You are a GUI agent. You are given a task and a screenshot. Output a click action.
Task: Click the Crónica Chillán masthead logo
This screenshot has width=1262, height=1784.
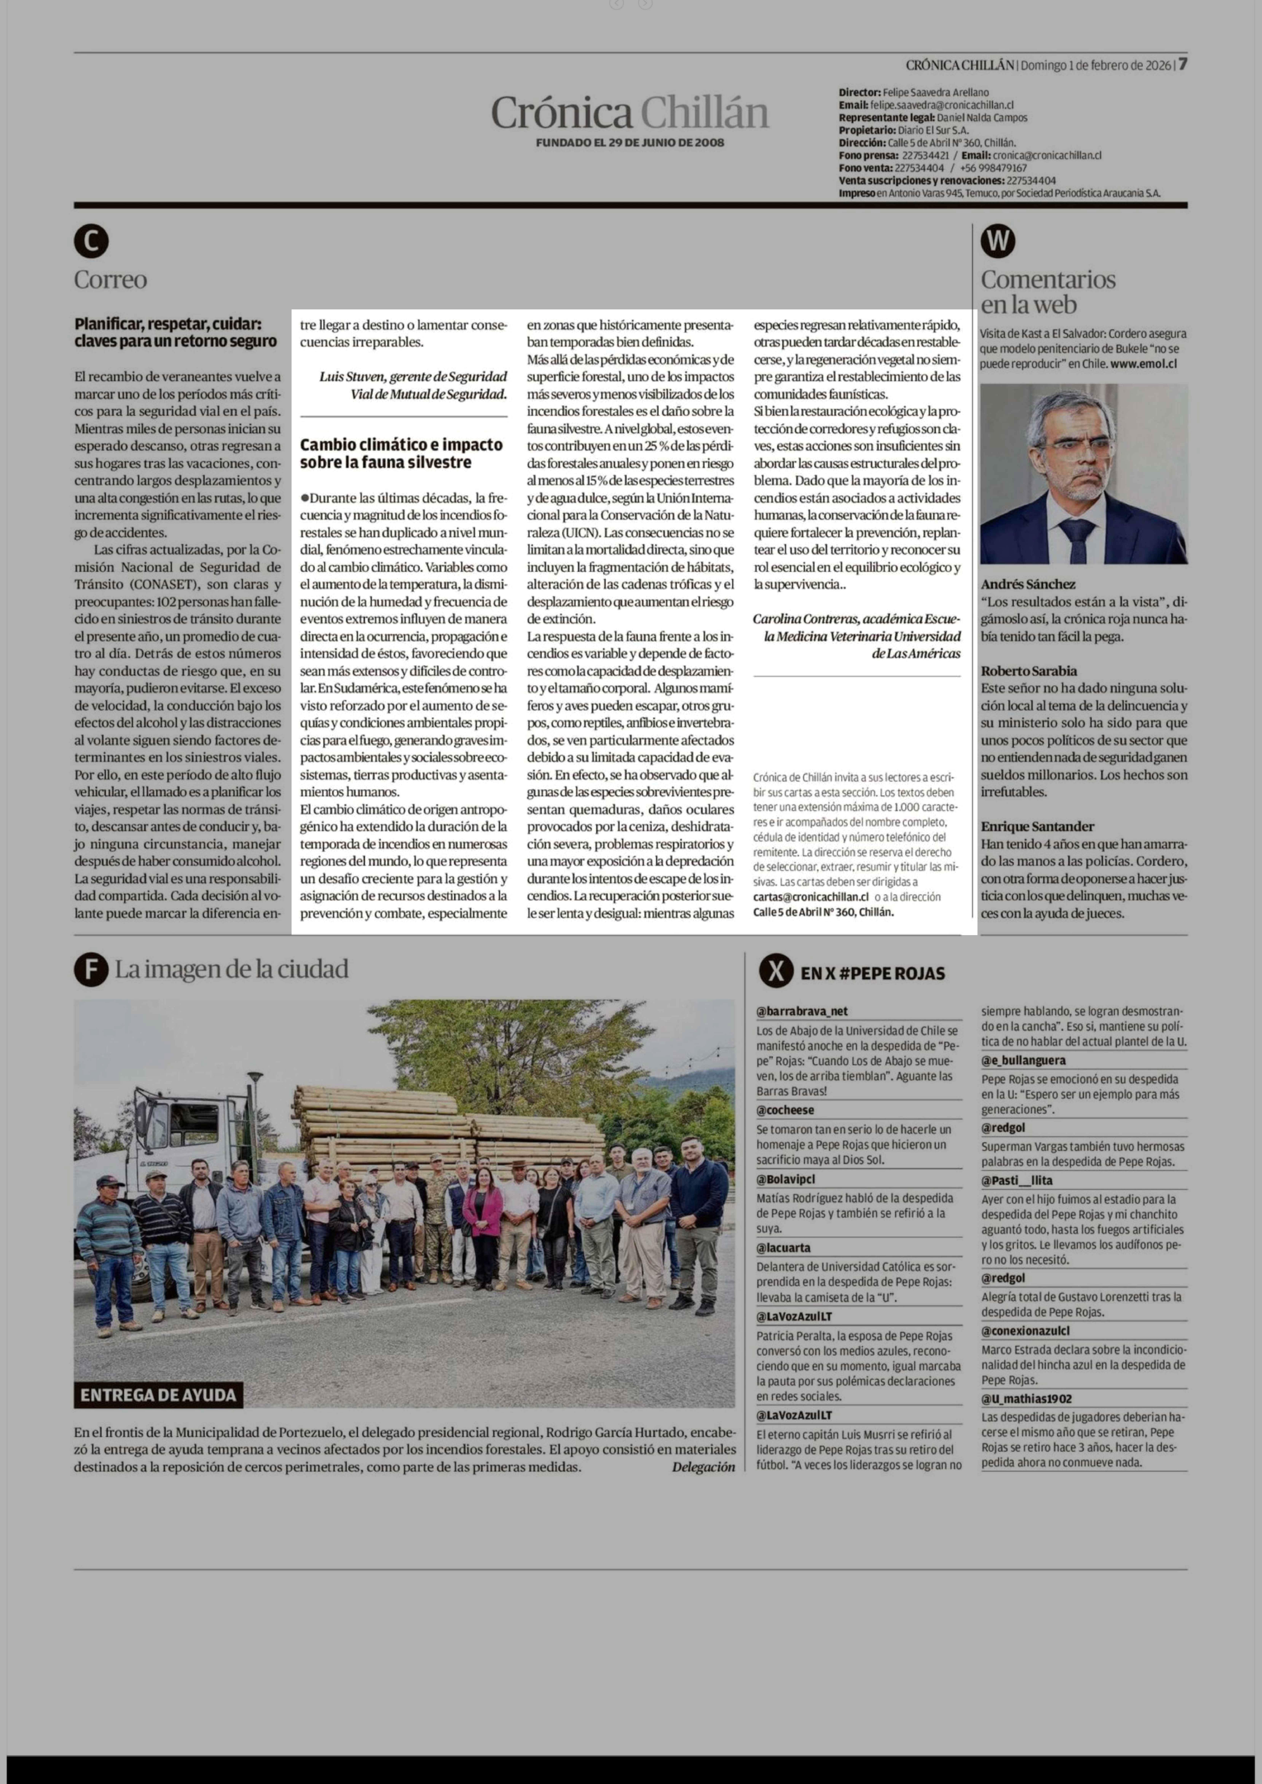point(629,113)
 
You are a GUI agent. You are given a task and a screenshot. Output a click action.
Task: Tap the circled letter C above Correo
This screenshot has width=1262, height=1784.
point(91,242)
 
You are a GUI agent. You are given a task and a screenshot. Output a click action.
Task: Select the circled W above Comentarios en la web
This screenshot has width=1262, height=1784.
point(998,242)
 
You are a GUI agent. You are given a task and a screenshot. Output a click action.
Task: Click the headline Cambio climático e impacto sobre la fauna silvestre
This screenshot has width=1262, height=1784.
point(401,453)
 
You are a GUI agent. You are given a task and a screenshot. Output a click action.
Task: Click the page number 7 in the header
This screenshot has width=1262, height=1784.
point(1182,65)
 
